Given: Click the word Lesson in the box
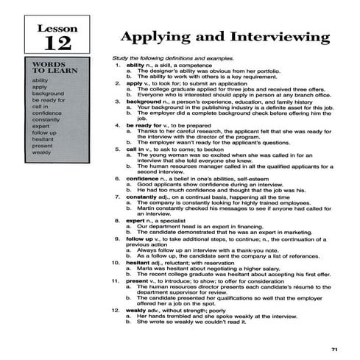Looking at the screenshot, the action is pyautogui.click(x=57, y=29).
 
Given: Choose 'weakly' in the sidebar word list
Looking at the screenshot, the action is pyautogui.click(x=41, y=152).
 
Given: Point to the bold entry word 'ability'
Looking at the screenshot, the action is pyautogui.click(x=135, y=65).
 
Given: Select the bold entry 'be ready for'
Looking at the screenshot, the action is pyautogui.click(x=143, y=125).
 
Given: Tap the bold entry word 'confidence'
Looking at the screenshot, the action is pyautogui.click(x=142, y=178).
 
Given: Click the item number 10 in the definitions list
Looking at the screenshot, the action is pyautogui.click(x=116, y=262).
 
